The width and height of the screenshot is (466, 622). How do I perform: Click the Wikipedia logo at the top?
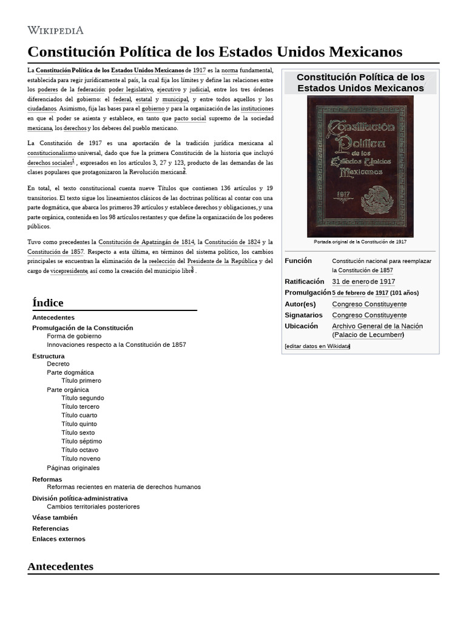(x=55, y=30)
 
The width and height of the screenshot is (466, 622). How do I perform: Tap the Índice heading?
(x=47, y=302)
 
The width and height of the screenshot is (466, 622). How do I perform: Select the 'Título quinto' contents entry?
(x=79, y=424)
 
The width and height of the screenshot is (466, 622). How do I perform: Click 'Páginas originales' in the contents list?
(x=73, y=468)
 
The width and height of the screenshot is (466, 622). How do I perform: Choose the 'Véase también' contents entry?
(x=55, y=518)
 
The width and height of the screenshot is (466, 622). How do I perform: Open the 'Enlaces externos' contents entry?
(x=59, y=539)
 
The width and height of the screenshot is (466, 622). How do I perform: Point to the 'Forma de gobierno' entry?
(x=74, y=336)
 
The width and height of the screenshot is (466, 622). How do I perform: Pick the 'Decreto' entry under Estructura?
(x=58, y=364)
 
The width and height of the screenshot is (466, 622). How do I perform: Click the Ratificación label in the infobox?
(x=304, y=282)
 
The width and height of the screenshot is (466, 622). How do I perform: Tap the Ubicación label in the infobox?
(x=301, y=326)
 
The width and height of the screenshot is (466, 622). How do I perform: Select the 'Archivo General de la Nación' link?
(x=377, y=326)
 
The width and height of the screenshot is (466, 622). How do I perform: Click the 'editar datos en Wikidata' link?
(x=317, y=346)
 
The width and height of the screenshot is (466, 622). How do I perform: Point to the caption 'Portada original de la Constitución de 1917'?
(x=360, y=242)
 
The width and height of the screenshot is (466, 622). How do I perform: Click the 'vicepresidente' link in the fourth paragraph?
(x=69, y=271)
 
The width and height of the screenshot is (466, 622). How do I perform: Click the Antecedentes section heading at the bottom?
(x=61, y=566)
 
